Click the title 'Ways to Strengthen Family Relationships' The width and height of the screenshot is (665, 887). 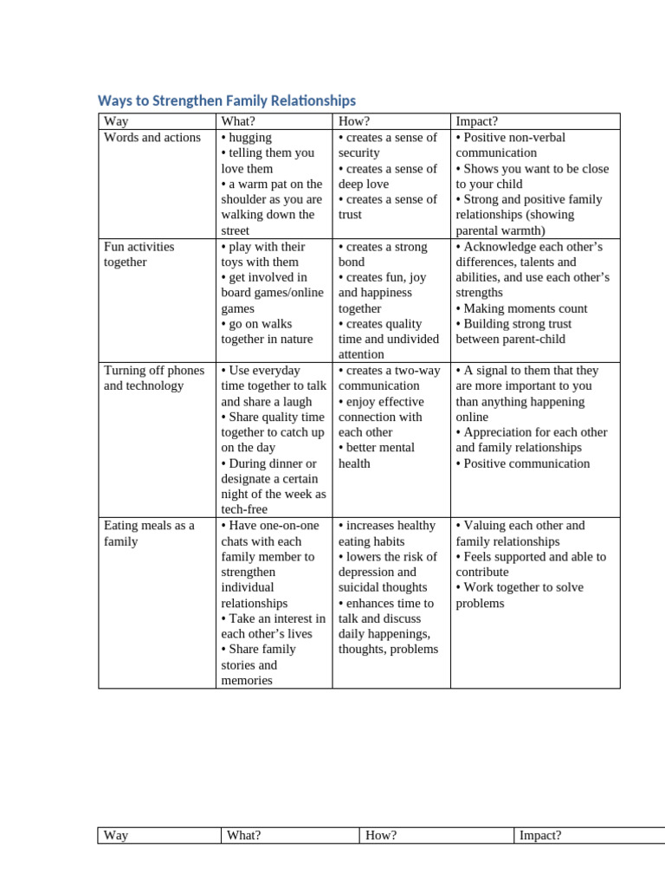[226, 100]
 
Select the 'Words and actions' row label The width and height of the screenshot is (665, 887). [152, 138]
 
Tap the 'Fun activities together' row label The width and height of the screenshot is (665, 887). [139, 254]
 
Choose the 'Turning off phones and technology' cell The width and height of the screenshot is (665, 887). [154, 378]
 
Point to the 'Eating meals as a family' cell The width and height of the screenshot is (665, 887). [149, 533]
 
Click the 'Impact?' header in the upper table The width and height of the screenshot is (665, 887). [476, 121]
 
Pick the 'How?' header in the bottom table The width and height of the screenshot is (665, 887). [381, 835]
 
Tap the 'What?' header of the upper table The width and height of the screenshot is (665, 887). [238, 121]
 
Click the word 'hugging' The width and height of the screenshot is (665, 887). [249, 138]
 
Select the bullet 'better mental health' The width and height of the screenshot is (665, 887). [377, 455]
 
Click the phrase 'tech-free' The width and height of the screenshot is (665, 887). [245, 509]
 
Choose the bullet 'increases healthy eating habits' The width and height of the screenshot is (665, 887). [386, 533]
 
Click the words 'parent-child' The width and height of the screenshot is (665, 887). [537, 339]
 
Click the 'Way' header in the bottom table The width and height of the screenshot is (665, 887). [116, 835]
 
